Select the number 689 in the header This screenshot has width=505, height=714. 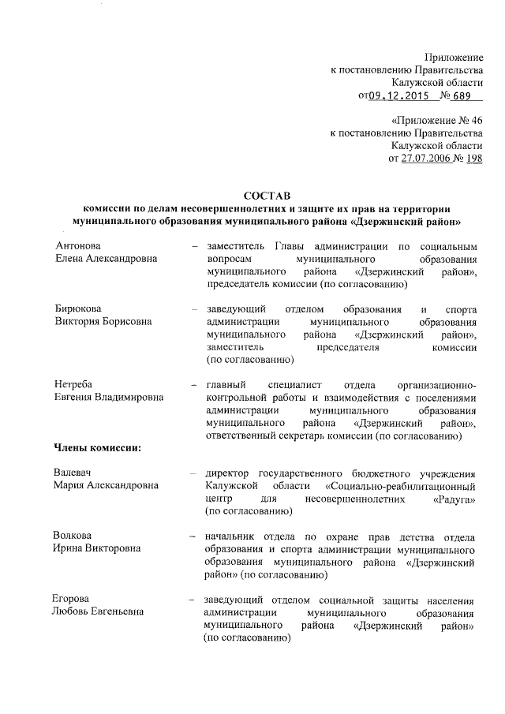(x=461, y=96)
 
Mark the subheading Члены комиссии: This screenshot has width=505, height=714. (x=97, y=448)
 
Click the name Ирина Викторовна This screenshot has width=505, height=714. (x=97, y=548)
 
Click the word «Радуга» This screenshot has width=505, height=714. (x=454, y=499)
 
